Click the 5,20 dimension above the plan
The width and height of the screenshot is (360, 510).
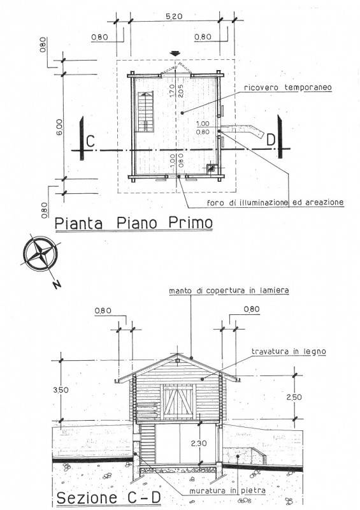174,17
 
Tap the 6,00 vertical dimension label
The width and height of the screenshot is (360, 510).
59,127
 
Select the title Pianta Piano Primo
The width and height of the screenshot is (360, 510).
134,223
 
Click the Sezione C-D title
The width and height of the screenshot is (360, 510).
109,498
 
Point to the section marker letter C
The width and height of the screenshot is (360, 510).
90,142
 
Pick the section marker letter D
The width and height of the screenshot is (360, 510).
271,140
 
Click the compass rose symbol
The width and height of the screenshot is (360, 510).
40,253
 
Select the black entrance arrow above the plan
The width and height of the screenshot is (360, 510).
176,54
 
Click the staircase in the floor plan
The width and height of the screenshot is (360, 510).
146,112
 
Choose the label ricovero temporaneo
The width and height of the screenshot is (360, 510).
288,87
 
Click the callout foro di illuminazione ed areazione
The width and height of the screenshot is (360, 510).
275,202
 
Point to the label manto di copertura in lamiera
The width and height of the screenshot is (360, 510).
229,290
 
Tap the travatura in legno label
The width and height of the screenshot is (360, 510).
289,351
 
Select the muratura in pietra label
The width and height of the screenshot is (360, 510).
227,490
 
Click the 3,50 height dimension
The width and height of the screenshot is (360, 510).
61,390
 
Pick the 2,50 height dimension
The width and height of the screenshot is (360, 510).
294,397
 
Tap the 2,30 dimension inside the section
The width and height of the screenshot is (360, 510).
199,443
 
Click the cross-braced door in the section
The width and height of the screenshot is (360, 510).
178,402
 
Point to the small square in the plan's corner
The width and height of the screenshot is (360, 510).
212,168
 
